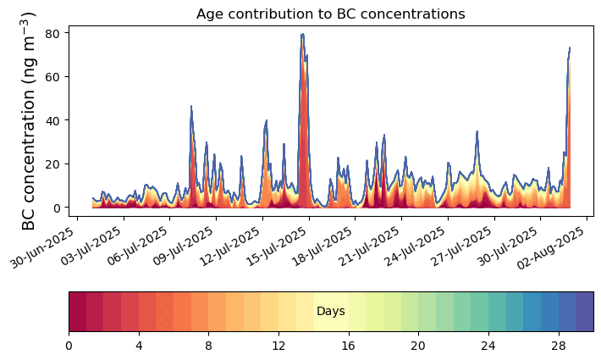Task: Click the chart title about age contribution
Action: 330,14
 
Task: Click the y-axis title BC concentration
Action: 29,121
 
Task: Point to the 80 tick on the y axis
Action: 52,33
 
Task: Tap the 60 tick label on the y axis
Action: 52,77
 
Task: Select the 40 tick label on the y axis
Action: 52,120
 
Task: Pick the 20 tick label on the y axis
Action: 52,164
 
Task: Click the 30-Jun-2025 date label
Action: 42,246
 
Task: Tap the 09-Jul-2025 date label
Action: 183,246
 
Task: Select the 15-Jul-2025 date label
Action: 275,246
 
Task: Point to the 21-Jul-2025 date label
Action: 368,246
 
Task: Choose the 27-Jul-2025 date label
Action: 460,246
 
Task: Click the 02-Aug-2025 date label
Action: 552,247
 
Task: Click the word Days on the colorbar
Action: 331,312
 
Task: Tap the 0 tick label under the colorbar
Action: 69,346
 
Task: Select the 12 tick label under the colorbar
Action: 278,346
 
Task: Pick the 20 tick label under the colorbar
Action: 418,346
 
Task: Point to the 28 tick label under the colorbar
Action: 559,346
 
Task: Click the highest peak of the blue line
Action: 303,34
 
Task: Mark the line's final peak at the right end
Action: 570,48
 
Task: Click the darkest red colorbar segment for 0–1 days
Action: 78,312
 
